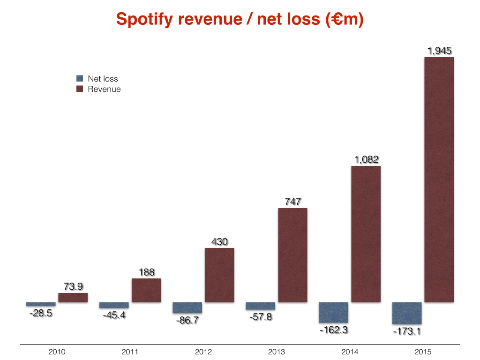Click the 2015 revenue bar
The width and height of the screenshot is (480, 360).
pyautogui.click(x=439, y=180)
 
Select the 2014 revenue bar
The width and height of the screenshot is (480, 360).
pyautogui.click(x=366, y=234)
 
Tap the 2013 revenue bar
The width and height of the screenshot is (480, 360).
pyautogui.click(x=292, y=255)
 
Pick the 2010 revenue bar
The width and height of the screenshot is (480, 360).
pyautogui.click(x=73, y=298)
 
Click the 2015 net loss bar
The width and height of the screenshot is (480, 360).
pyautogui.click(x=406, y=313)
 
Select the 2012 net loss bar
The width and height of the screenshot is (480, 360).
pyautogui.click(x=187, y=307)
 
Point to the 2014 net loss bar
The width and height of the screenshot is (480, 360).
pyautogui.click(x=333, y=313)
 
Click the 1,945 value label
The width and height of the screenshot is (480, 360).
pyautogui.click(x=439, y=51)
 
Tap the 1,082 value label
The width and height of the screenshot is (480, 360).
pyautogui.click(x=366, y=159)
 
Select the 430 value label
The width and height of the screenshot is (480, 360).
pyautogui.click(x=219, y=242)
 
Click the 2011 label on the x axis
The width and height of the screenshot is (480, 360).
pyautogui.click(x=130, y=352)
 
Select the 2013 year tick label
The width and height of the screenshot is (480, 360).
pyautogui.click(x=277, y=352)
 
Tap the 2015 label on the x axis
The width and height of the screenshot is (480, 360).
pyautogui.click(x=423, y=352)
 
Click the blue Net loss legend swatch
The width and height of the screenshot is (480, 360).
pyautogui.click(x=79, y=79)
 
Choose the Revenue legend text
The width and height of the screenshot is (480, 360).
pyautogui.click(x=104, y=89)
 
